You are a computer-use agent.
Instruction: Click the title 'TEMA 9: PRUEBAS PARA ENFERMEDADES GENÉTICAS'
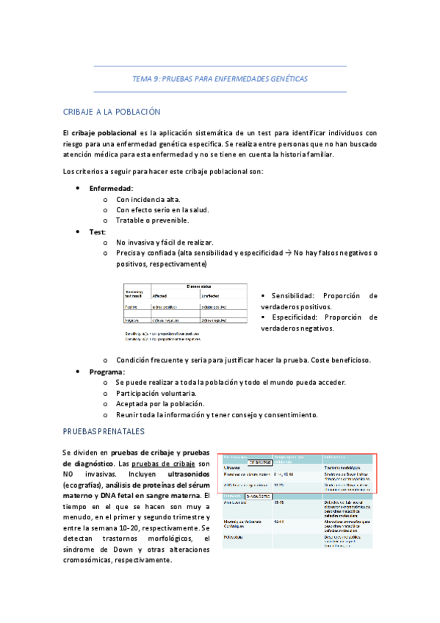[220, 79]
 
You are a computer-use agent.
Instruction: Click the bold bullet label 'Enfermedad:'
[111, 188]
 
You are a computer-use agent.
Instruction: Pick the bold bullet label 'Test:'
[98, 231]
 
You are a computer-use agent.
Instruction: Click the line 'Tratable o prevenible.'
[152, 220]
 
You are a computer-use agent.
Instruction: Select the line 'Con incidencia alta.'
[148, 199]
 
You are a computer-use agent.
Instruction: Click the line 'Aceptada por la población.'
[160, 404]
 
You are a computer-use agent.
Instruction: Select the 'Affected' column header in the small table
[159, 295]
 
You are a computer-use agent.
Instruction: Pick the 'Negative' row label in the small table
[134, 320]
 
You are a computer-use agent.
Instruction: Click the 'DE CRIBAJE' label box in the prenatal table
[253, 464]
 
